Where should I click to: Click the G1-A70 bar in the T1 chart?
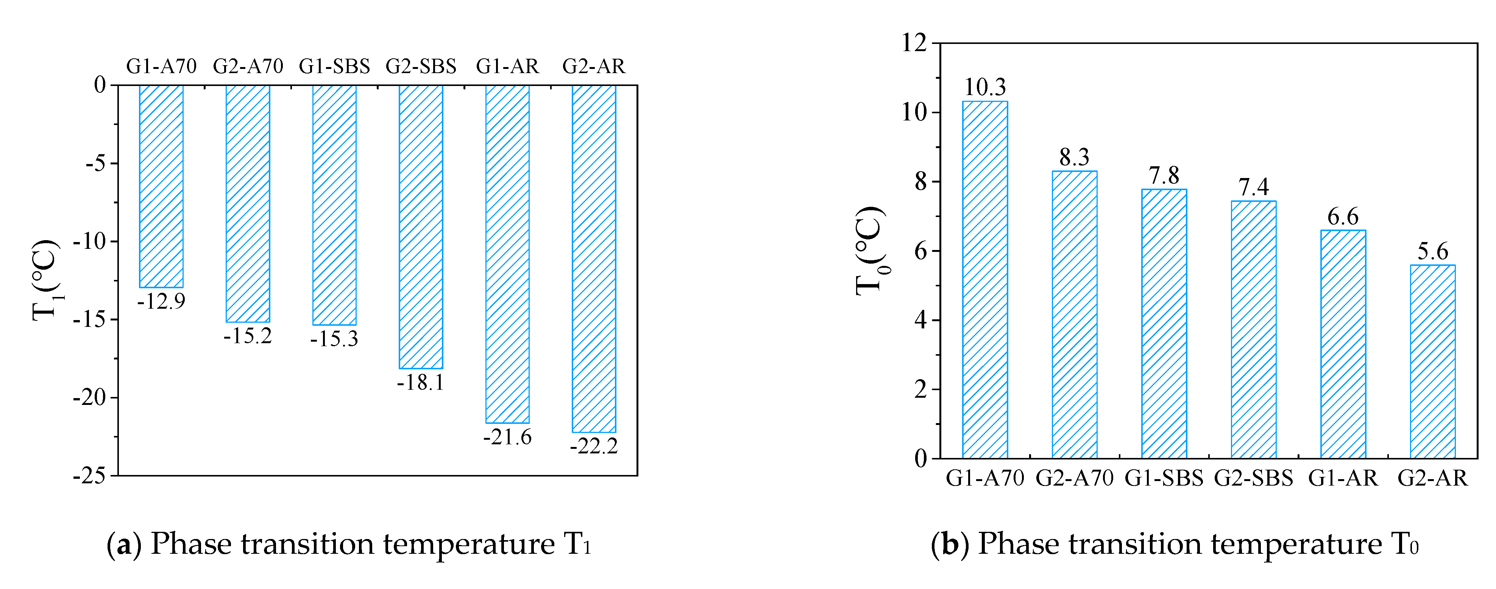pos(161,186)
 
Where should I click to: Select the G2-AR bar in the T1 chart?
pos(594,258)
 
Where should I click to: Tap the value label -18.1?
pos(420,382)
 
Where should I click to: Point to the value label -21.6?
pos(507,437)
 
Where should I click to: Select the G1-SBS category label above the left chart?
pos(334,66)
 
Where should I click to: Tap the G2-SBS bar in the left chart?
pos(420,227)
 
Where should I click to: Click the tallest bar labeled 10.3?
pos(985,279)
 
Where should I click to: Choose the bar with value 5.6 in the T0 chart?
pos(1433,361)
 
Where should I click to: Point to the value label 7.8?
pos(1164,175)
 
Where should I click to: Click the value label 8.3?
pos(1074,157)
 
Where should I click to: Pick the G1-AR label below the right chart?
pos(1343,478)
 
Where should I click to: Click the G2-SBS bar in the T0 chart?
pos(1253,330)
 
